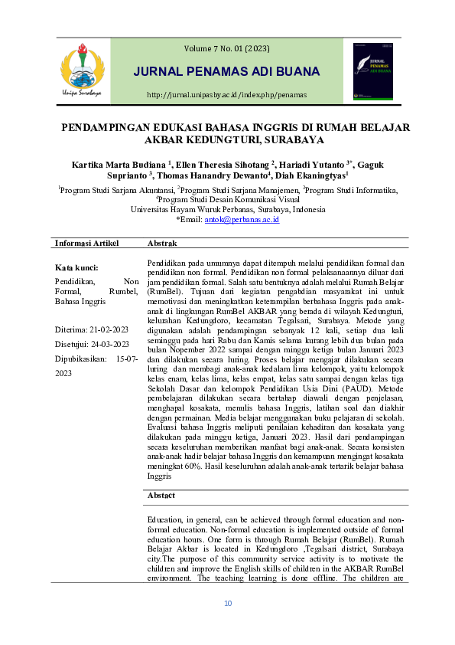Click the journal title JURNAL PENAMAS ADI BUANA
(226, 72)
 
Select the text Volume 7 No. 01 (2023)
(226, 49)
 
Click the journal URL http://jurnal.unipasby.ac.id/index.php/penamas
(226, 95)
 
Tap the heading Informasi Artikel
(87, 243)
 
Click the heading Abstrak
(161, 243)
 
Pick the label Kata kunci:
(76, 268)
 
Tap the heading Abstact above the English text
(161, 495)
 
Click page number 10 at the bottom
(227, 604)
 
